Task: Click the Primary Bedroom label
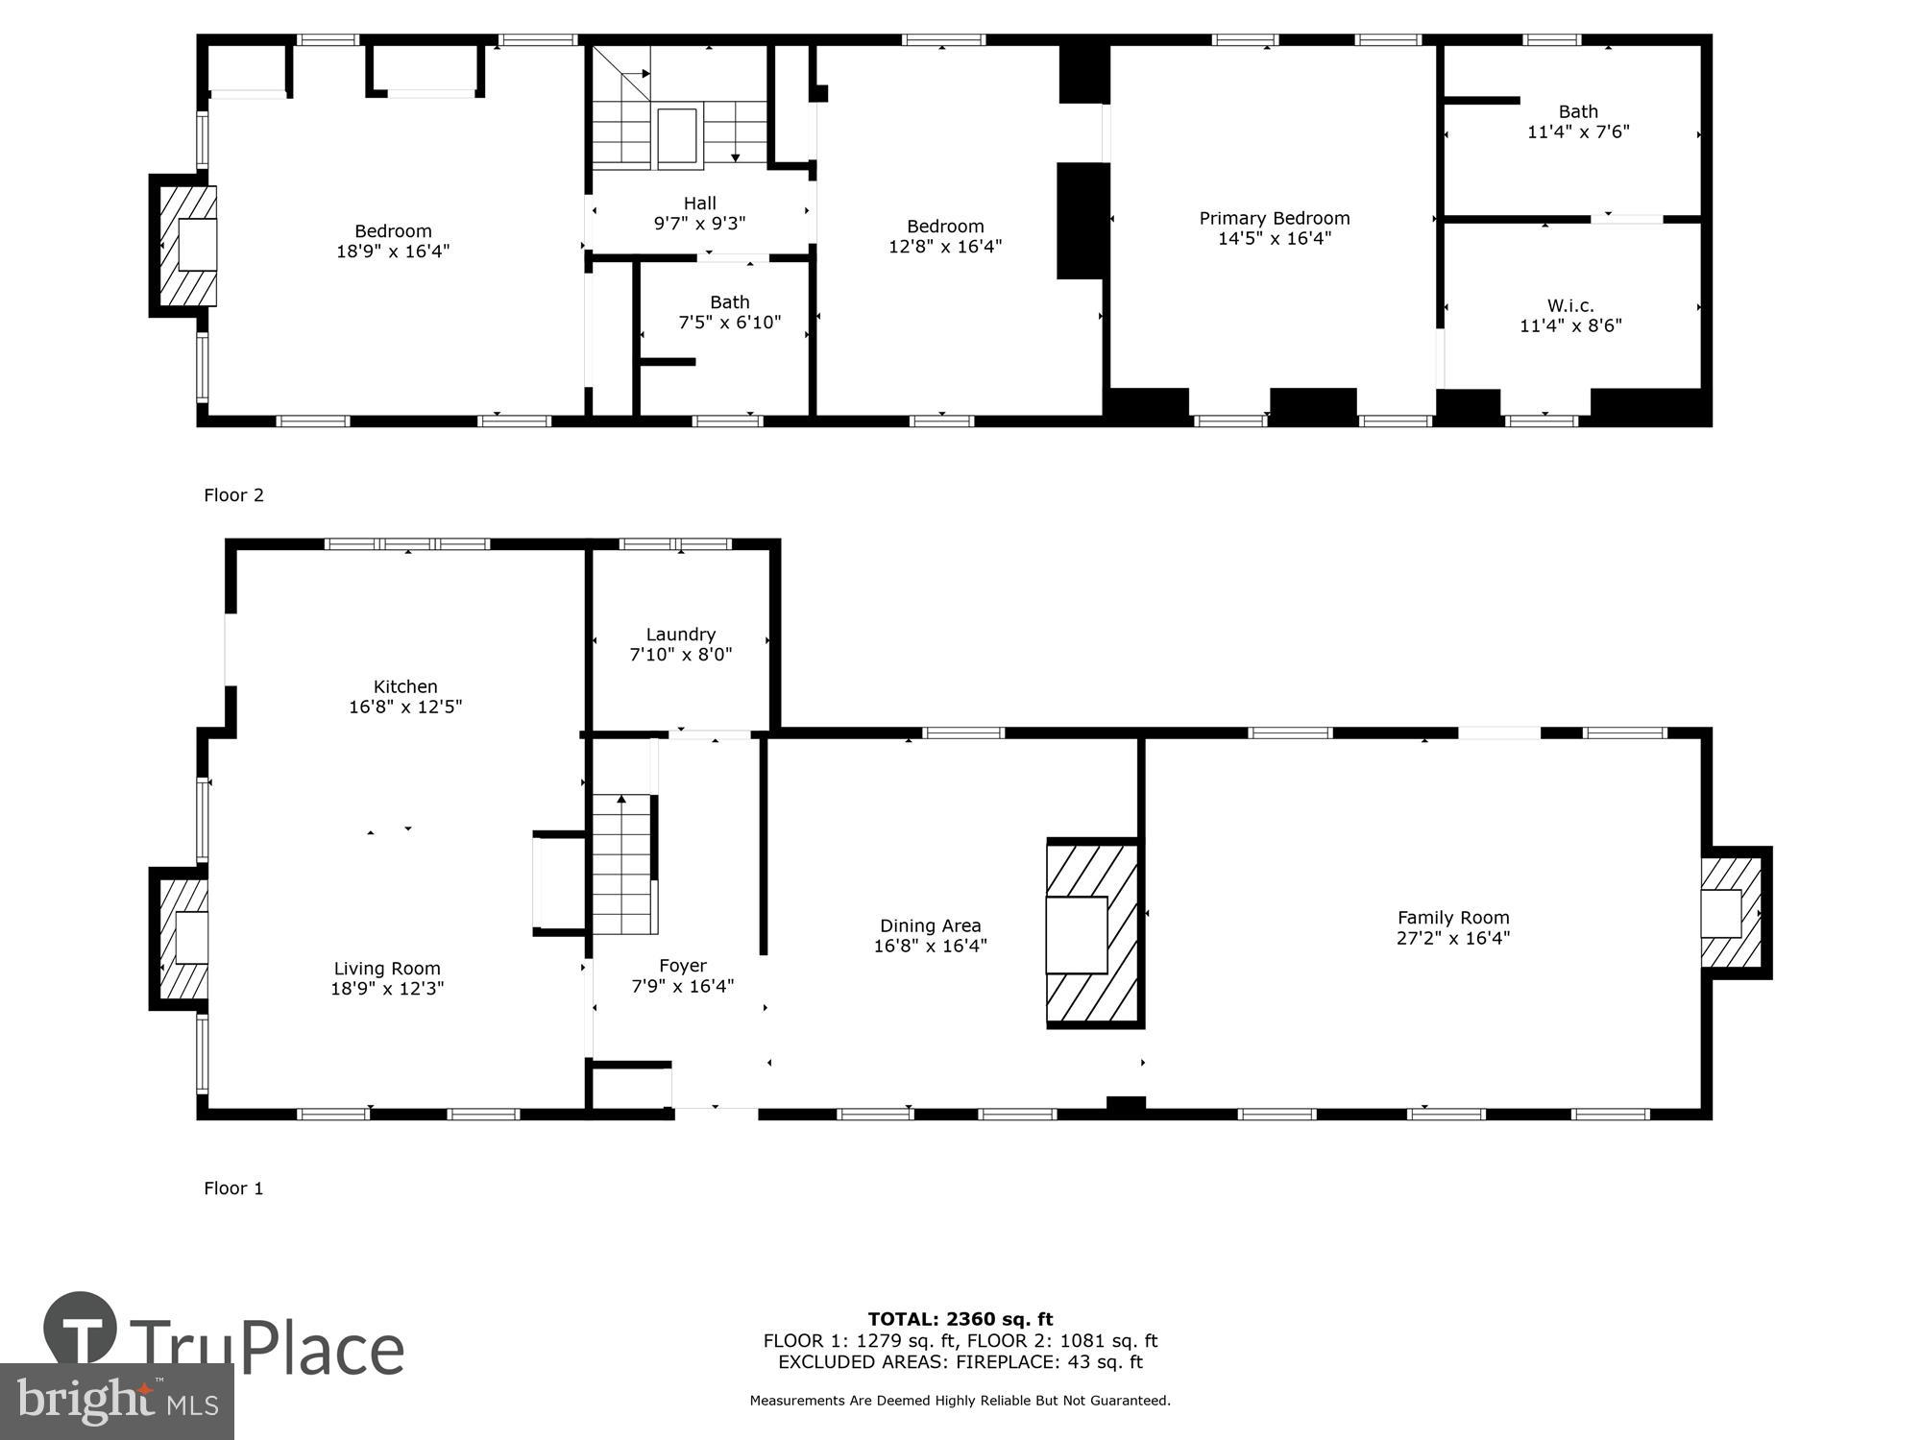pos(1274,219)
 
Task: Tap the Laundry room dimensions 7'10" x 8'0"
pos(680,655)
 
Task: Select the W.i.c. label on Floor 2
pos(1569,305)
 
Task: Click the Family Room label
pos(1452,918)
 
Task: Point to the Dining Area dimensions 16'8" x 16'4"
pos(930,946)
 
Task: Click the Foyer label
pos(682,966)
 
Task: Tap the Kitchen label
pos(405,686)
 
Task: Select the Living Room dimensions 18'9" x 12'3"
pos(387,989)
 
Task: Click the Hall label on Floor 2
pos(699,203)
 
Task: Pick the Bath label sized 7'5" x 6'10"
pos(729,302)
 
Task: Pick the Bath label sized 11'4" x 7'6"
pos(1578,111)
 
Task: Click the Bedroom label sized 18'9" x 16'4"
pos(393,231)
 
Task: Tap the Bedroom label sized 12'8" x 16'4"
pos(945,227)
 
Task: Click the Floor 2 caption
pos(233,495)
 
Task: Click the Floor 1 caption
pos(233,1188)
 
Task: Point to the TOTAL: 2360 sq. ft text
pos(960,1319)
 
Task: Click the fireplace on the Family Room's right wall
pos(1731,913)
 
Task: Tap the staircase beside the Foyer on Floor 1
pos(623,864)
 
